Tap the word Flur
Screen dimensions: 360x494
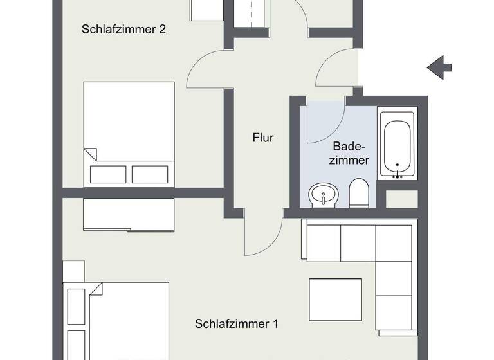click(x=263, y=138)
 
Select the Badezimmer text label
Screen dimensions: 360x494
click(x=351, y=153)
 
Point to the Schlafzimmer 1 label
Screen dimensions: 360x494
click(x=236, y=324)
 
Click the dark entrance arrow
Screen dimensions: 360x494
click(x=440, y=66)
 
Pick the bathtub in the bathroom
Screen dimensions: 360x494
click(x=397, y=144)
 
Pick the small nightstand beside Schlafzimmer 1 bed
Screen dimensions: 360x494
click(x=73, y=270)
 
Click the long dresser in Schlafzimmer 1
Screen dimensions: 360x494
click(x=128, y=215)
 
